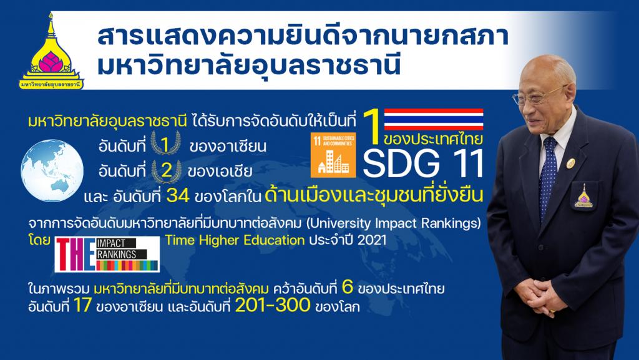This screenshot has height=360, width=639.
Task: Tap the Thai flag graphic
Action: (434, 119)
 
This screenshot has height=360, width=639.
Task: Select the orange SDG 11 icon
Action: (333, 155)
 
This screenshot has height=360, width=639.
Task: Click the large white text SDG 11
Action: (423, 163)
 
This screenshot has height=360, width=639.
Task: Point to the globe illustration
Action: (52, 170)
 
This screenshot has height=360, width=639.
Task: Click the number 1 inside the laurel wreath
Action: (165, 145)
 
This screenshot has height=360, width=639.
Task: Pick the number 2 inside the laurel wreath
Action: (166, 170)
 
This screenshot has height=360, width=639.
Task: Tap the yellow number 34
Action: (178, 196)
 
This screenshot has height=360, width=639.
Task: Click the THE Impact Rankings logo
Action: (107, 255)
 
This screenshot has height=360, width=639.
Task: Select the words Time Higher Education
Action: (235, 240)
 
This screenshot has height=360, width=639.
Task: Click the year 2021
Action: (371, 240)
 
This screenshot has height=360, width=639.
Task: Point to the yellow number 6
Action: (347, 288)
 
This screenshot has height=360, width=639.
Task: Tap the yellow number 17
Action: (83, 306)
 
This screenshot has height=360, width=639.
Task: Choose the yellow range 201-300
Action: (273, 306)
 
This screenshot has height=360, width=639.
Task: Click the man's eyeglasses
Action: (538, 96)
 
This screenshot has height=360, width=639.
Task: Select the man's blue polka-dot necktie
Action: (547, 175)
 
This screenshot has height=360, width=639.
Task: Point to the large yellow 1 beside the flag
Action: (371, 127)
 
